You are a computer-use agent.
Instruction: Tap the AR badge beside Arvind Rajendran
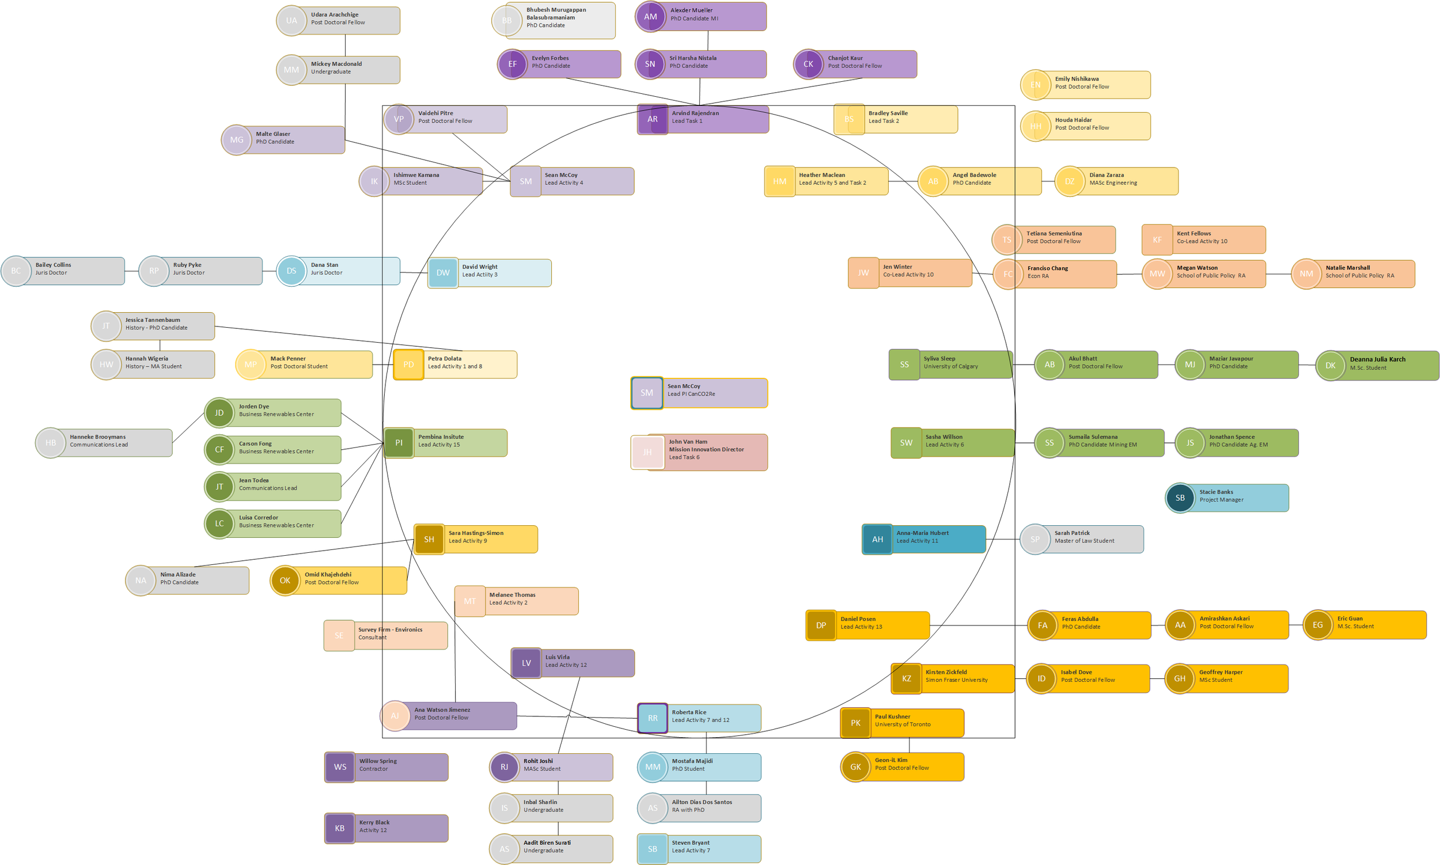pyautogui.click(x=653, y=119)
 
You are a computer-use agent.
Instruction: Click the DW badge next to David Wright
pyautogui.click(x=443, y=273)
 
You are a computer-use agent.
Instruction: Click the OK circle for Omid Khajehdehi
pyautogui.click(x=285, y=581)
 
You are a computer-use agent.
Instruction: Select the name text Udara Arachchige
pyautogui.click(x=335, y=14)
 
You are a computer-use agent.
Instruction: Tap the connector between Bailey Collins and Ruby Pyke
pyautogui.click(x=132, y=271)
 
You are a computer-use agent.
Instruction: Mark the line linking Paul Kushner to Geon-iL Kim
pyautogui.click(x=909, y=745)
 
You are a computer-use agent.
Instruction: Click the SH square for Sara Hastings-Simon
pyautogui.click(x=429, y=540)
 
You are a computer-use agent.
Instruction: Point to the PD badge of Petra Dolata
pyautogui.click(x=408, y=365)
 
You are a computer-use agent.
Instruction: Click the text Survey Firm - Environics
pyautogui.click(x=390, y=629)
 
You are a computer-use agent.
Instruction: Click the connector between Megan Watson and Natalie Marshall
pyautogui.click(x=1279, y=274)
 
